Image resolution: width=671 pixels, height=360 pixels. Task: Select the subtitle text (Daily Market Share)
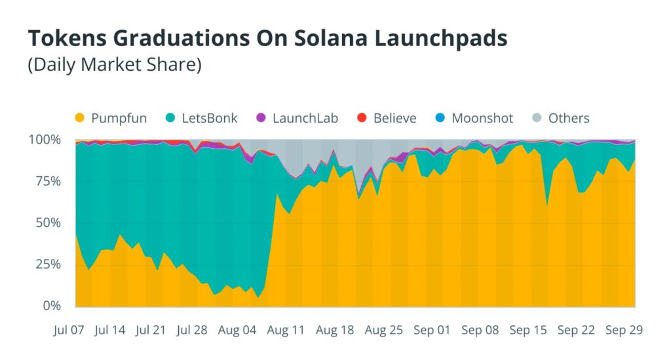coord(114,66)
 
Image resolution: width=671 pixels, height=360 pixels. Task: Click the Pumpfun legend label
coord(119,118)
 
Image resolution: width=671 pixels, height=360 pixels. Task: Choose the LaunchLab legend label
coord(305,118)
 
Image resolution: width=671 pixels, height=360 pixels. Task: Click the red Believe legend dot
coord(361,118)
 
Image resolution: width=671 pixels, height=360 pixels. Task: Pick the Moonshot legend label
coord(482,118)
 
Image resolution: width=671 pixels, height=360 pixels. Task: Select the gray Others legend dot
coord(537,118)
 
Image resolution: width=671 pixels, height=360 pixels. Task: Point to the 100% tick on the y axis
coord(45,140)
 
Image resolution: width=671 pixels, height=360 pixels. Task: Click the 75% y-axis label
coord(47,181)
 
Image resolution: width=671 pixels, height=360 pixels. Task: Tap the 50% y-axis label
coord(47,223)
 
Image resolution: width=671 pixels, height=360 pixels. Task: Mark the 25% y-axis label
coord(47,264)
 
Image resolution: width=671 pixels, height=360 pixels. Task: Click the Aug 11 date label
coord(287,330)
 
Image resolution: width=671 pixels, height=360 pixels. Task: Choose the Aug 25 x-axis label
coord(383,330)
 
